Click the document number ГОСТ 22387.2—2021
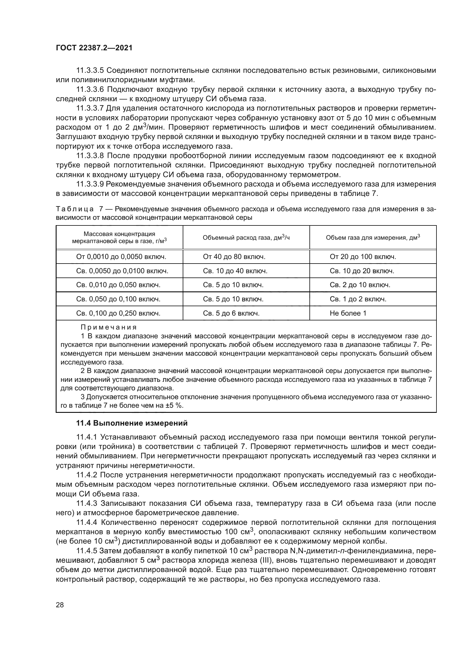tap(94, 48)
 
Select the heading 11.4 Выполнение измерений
tap(132, 423)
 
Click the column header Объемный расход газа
tap(246, 237)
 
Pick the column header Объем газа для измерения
tap(373, 237)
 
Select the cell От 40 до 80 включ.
tap(234, 257)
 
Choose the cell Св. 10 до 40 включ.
tap(235, 271)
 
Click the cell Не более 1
tap(348, 313)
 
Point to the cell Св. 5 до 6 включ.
tap(231, 313)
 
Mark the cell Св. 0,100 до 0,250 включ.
tap(118, 313)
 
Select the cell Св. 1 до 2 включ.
tap(358, 299)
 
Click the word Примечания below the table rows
tap(109, 327)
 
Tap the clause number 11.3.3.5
tap(90, 71)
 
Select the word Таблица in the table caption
tap(74, 209)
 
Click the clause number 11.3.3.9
tap(90, 184)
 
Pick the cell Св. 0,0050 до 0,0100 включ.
tap(122, 271)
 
